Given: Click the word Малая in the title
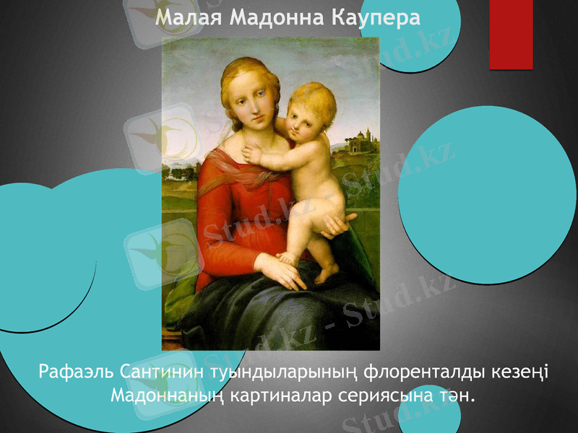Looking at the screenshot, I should click(189, 18).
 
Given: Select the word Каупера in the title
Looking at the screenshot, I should click(376, 18).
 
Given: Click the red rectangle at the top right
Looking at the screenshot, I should click(511, 34).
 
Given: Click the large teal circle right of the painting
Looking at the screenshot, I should click(488, 195).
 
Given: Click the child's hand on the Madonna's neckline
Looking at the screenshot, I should click(254, 154).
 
